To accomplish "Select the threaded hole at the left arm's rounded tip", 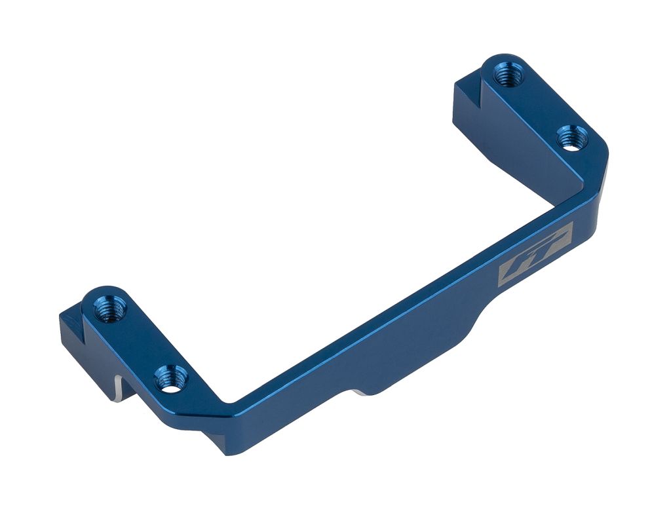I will [107, 307].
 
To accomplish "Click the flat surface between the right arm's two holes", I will [537, 108].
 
